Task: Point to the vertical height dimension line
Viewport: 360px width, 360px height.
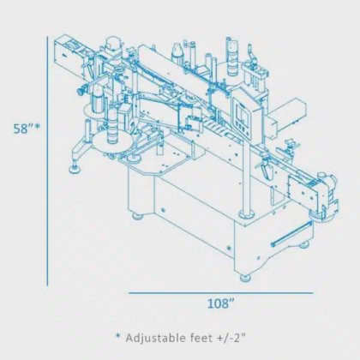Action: pyautogui.click(x=47, y=161)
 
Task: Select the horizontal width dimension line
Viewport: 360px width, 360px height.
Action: pyautogui.click(x=220, y=293)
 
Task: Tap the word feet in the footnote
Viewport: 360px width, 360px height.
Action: pyautogui.click(x=201, y=338)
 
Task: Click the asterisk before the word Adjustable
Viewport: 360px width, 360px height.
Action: pyautogui.click(x=117, y=336)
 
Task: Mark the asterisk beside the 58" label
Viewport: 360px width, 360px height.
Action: pyautogui.click(x=37, y=126)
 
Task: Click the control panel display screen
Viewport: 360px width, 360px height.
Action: pyautogui.click(x=242, y=113)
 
